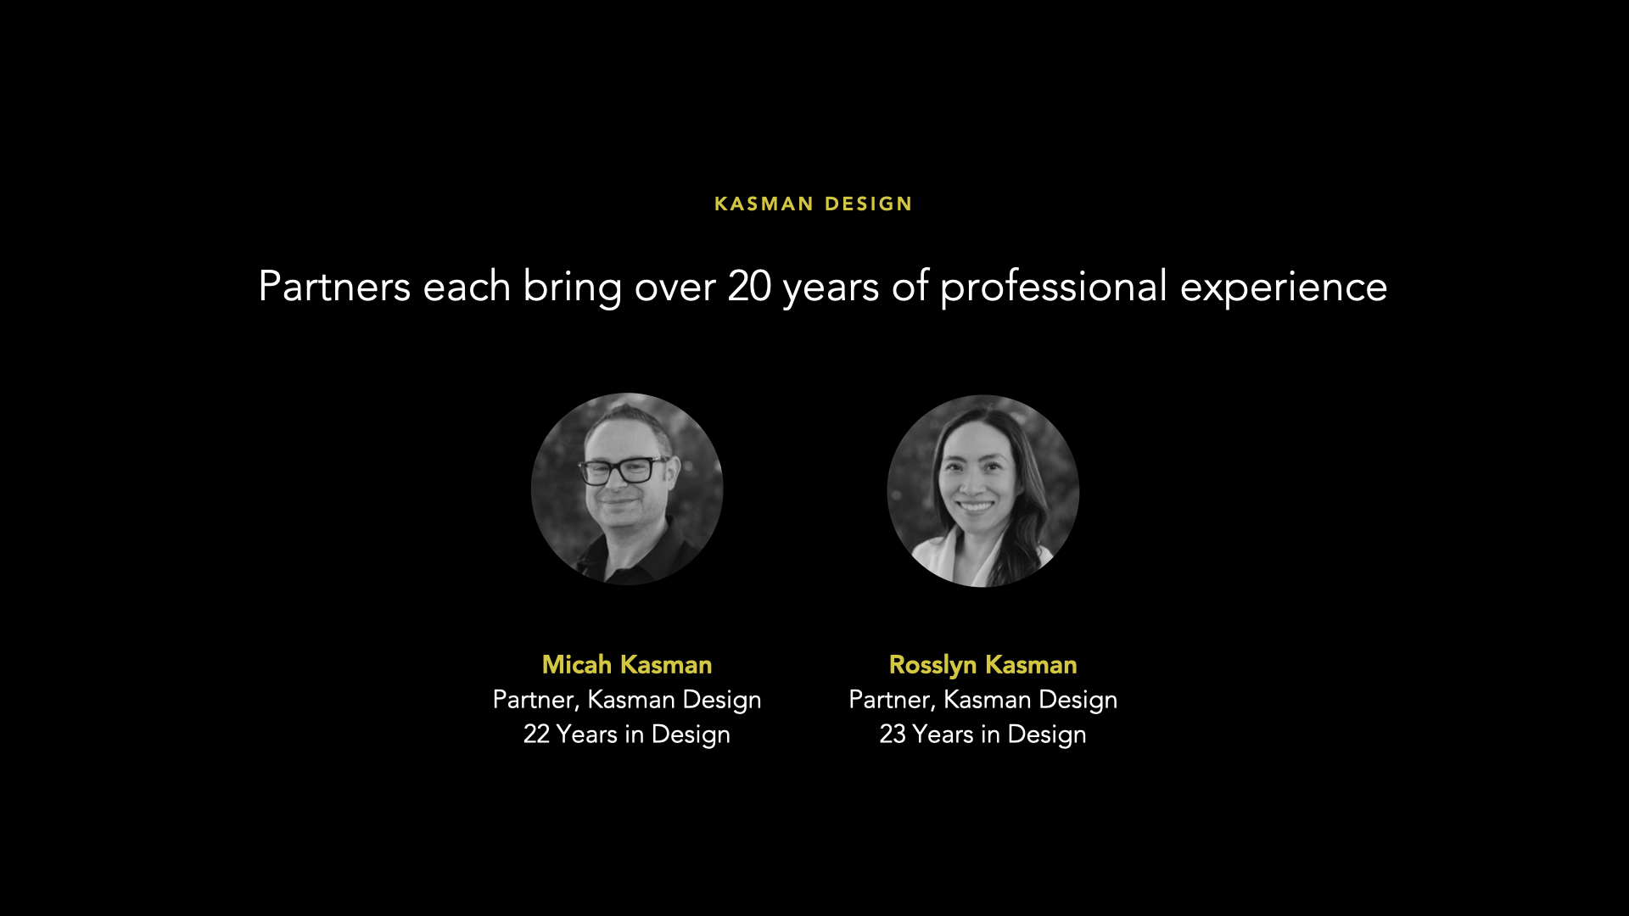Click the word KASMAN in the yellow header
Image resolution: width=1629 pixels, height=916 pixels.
[x=764, y=204]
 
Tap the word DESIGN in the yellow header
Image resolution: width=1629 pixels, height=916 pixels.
[x=869, y=204]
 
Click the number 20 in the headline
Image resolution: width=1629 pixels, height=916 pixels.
[x=749, y=287]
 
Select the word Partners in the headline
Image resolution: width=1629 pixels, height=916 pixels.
[x=334, y=287]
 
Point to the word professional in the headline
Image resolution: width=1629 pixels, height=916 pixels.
[x=1054, y=287]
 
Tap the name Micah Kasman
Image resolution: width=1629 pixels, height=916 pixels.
[x=627, y=664]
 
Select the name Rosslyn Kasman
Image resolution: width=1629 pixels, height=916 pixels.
[x=983, y=665]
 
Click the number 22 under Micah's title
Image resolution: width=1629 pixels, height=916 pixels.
[x=537, y=734]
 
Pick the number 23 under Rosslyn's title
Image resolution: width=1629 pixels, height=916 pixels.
[x=893, y=734]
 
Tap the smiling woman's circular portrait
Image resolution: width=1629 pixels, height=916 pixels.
[x=983, y=490]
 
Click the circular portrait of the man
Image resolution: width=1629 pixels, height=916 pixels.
[x=627, y=489]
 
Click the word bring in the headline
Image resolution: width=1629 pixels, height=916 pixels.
[x=573, y=287]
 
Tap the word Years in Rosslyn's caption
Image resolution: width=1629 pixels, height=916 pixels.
[x=943, y=734]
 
